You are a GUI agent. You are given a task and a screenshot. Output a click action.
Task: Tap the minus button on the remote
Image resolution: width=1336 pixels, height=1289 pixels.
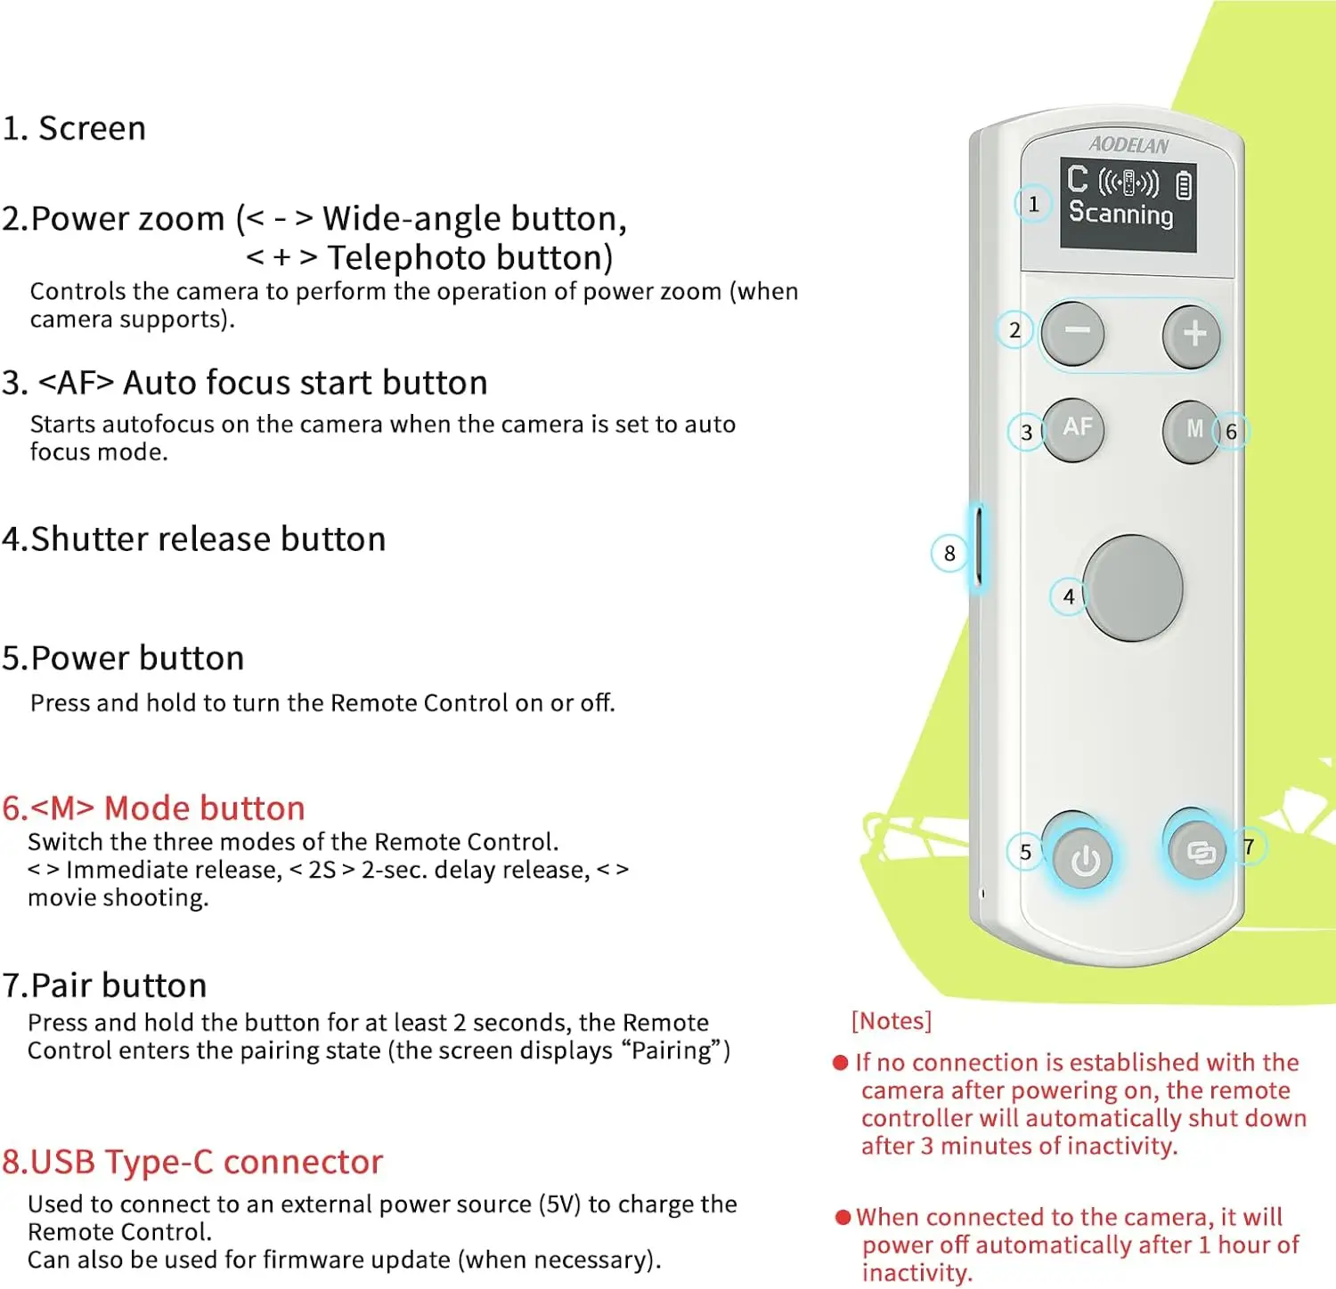[x=1073, y=333]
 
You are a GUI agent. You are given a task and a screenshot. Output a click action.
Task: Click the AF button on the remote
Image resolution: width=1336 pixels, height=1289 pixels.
[x=1075, y=428]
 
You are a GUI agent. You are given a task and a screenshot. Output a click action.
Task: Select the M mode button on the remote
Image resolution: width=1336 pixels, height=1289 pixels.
[x=1192, y=430]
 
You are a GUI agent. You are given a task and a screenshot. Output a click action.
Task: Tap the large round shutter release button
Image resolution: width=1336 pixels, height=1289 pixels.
[x=1132, y=588]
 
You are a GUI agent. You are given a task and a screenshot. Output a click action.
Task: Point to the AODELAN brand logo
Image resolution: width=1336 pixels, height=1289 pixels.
[x=1128, y=144]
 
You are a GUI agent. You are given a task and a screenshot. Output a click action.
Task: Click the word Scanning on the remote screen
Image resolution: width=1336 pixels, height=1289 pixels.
[x=1120, y=214]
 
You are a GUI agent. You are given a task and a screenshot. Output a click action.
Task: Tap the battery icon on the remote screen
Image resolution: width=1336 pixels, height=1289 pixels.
[x=1183, y=185]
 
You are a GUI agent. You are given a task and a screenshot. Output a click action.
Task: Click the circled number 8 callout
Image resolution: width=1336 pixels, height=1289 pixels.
[x=949, y=554]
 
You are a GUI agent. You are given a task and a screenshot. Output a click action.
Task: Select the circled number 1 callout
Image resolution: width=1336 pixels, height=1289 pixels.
[x=1033, y=204]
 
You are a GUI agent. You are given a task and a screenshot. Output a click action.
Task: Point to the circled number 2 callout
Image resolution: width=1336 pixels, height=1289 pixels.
[x=1014, y=331]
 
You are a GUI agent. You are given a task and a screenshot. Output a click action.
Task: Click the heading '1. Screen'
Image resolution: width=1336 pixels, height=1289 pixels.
[x=74, y=128]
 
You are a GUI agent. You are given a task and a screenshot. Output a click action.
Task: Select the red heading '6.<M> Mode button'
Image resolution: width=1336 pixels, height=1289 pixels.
[x=153, y=808]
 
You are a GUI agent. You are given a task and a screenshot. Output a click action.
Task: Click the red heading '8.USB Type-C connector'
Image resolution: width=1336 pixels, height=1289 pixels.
[x=192, y=1162]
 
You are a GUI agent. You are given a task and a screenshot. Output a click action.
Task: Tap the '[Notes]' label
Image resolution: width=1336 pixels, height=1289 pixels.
[x=892, y=1020]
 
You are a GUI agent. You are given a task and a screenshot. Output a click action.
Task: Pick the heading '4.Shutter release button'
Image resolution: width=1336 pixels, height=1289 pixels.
[x=194, y=539]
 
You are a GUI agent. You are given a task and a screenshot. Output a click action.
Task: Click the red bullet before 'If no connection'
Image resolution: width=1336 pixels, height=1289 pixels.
[x=840, y=1063]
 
